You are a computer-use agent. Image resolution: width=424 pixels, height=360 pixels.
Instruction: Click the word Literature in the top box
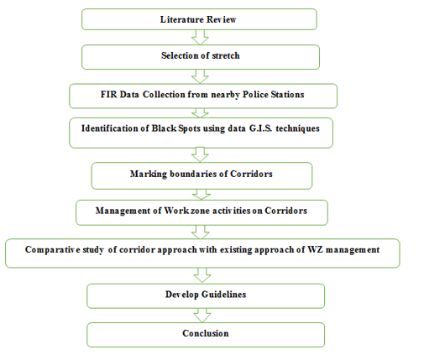tap(181, 19)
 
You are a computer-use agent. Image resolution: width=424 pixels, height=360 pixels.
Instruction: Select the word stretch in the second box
tap(226, 55)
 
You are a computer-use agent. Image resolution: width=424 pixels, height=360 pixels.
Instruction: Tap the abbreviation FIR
tap(108, 94)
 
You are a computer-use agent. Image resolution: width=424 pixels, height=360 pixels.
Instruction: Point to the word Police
tap(255, 94)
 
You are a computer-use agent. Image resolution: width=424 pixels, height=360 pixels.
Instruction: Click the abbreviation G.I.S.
tap(260, 128)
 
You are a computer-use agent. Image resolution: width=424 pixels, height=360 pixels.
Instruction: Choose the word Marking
tap(149, 174)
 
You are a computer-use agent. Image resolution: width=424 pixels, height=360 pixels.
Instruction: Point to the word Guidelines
tap(223, 295)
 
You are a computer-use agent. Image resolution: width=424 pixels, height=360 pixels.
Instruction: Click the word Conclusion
tap(206, 333)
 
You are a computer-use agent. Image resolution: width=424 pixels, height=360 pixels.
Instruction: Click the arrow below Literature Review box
tap(200, 37)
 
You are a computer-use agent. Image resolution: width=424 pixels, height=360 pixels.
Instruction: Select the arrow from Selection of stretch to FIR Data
tap(200, 76)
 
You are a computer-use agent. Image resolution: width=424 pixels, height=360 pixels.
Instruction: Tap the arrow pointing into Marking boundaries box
tap(200, 154)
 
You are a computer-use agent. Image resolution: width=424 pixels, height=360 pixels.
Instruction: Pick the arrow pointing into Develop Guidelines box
tap(202, 275)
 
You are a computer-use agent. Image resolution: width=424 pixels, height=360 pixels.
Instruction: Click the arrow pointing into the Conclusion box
tap(202, 316)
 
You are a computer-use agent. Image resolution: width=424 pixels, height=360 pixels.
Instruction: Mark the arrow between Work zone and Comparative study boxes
tap(201, 232)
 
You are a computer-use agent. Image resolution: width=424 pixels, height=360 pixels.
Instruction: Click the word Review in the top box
tap(221, 19)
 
